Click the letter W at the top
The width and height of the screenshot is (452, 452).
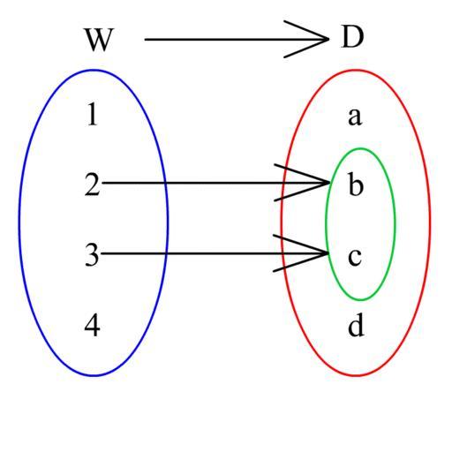(99, 40)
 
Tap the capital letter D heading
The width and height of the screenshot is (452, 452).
(352, 37)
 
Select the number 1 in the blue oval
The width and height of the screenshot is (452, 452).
(93, 114)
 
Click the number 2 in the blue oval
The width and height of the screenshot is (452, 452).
(93, 185)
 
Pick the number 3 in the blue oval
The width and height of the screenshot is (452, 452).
(92, 255)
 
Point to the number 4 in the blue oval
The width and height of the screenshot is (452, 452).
(92, 325)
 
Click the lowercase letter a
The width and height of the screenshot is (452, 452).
(355, 117)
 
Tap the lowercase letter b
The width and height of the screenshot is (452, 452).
(356, 185)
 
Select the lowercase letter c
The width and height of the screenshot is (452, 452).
(355, 257)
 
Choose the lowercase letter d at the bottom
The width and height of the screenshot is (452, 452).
(356, 325)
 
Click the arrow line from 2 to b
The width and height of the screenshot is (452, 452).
(215, 183)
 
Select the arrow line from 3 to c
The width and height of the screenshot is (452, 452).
(215, 253)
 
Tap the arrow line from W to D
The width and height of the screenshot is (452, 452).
(237, 39)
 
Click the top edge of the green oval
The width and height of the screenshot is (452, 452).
(361, 149)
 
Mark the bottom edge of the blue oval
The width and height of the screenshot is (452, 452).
(94, 375)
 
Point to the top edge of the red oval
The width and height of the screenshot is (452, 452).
(356, 71)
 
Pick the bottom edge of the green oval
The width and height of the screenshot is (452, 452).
(361, 300)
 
